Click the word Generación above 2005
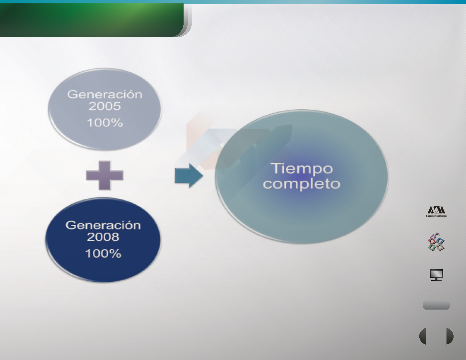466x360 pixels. click(105, 94)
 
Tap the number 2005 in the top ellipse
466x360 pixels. click(105, 106)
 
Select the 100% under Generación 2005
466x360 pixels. click(105, 123)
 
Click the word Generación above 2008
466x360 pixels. click(103, 225)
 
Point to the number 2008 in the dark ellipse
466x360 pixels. click(103, 237)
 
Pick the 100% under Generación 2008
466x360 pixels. click(103, 253)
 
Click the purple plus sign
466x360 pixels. click(105, 175)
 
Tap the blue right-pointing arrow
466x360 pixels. click(189, 176)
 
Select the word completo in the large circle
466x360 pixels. click(302, 184)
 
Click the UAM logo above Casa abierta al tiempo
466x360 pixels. click(436, 210)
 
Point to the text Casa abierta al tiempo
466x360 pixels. click(436, 216)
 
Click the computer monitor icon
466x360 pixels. click(436, 275)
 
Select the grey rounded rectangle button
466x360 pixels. click(436, 305)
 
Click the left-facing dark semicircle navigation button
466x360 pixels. click(423, 336)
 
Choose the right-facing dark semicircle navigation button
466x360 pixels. click(450, 336)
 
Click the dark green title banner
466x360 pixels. click(92, 20)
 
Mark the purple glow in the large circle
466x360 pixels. click(301, 177)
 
